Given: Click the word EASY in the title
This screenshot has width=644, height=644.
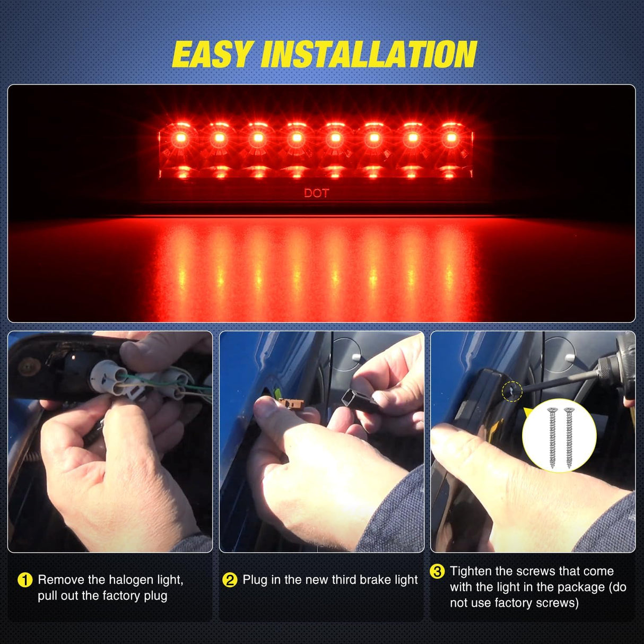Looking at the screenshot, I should tap(212, 55).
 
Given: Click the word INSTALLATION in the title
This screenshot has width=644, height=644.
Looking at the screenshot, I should tap(369, 55).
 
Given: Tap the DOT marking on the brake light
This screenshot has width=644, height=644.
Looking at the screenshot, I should tap(316, 193).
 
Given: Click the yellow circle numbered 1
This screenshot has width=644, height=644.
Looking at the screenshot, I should tap(25, 580).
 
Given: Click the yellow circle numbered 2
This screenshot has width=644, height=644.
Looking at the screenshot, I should tap(230, 580).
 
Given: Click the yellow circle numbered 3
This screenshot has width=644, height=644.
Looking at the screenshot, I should tap(437, 572).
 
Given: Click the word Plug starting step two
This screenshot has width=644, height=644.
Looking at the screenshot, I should tap(255, 580).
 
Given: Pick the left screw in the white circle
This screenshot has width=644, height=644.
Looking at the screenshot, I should tap(552, 437).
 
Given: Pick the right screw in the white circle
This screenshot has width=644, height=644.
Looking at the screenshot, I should tap(569, 437).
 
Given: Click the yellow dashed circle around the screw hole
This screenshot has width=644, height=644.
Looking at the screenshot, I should tap(512, 391).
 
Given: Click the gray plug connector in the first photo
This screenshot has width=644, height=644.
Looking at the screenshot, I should tap(109, 376).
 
